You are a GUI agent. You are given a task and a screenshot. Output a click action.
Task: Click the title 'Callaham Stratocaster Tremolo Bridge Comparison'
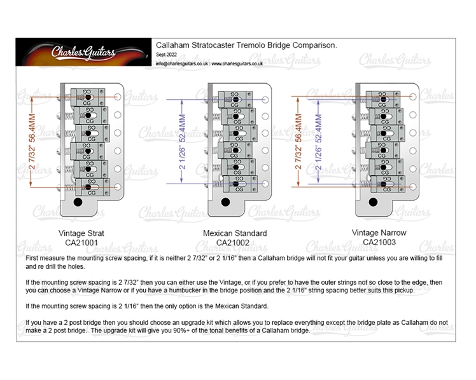(x=246, y=46)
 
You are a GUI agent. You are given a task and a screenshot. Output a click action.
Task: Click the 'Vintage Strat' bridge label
(x=81, y=233)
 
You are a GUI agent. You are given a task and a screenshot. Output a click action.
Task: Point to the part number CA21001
(x=81, y=242)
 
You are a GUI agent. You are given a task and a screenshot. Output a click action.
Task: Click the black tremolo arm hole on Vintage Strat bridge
(x=78, y=203)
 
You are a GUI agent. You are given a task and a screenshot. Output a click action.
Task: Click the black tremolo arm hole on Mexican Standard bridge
(x=224, y=203)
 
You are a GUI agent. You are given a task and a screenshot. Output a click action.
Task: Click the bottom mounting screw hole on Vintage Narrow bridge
(x=413, y=188)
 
